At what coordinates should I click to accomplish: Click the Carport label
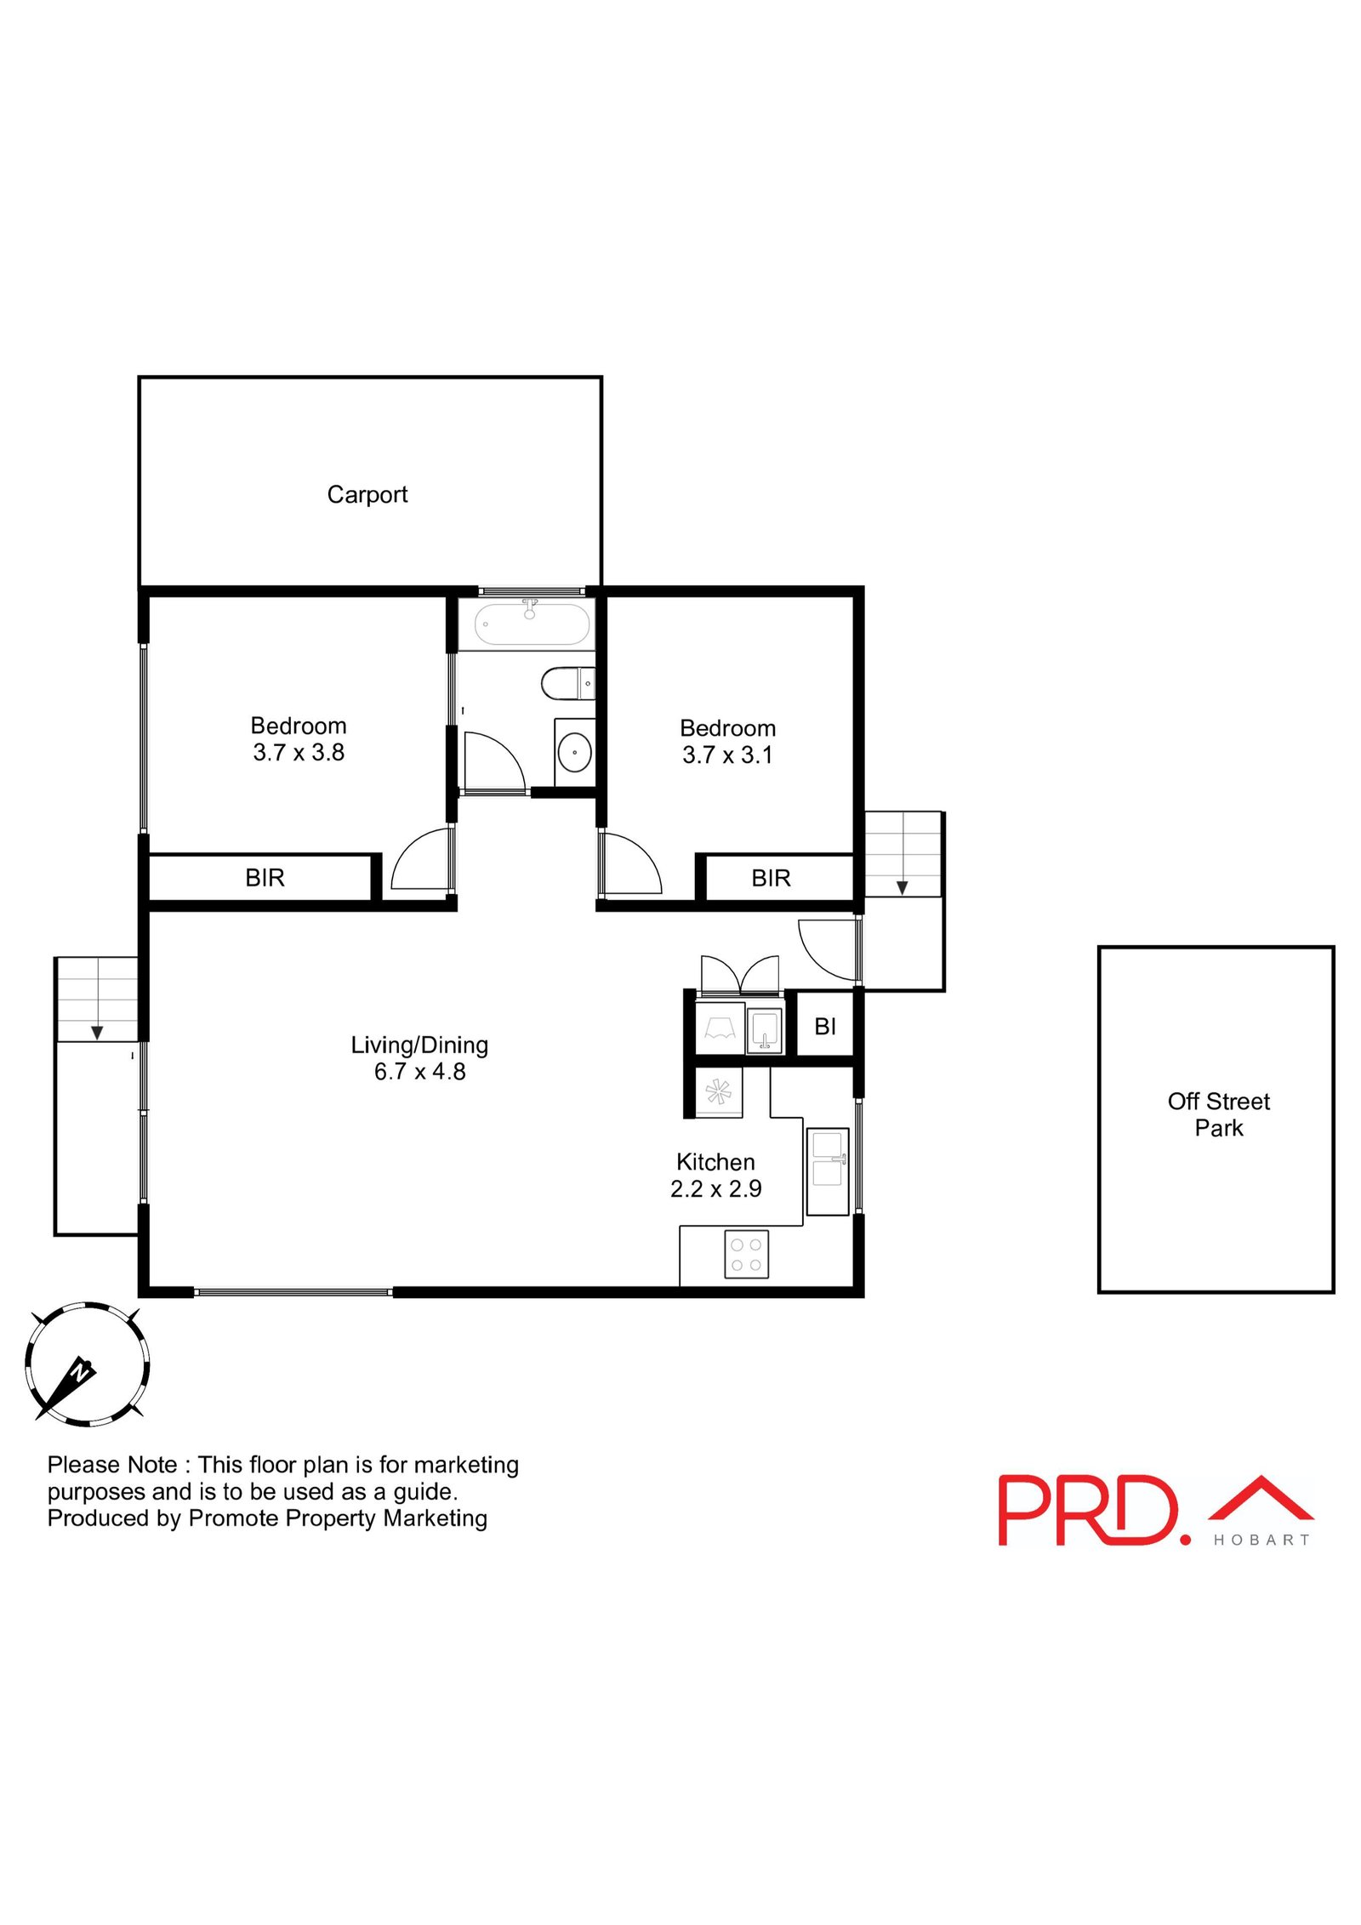point(367,494)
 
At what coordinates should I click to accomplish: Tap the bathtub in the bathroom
point(532,624)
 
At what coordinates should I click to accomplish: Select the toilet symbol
point(565,683)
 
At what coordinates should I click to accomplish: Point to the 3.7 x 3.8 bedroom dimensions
point(299,753)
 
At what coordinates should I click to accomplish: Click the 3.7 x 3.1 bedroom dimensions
point(727,755)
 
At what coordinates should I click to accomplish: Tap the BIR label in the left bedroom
point(265,878)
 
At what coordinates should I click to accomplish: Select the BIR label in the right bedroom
point(771,878)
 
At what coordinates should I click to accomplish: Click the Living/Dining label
point(419,1045)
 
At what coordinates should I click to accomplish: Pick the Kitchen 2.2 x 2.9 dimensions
point(715,1188)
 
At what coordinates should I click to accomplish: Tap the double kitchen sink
point(827,1170)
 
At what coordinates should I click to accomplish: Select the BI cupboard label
point(824,1027)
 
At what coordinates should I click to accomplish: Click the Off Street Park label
point(1218,1114)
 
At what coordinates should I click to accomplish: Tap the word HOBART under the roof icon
point(1261,1540)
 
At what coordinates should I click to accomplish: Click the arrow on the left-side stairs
point(97,1032)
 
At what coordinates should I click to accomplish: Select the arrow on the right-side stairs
point(902,888)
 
